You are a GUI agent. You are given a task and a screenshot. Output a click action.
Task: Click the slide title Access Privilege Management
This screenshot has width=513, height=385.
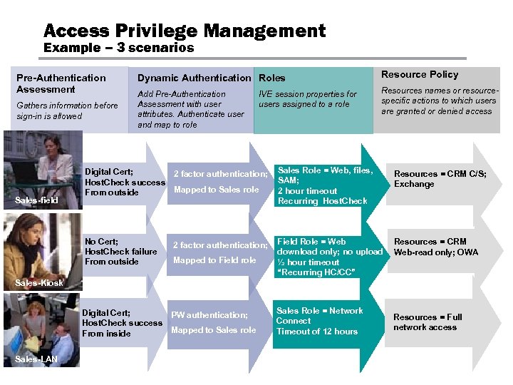pos(185,31)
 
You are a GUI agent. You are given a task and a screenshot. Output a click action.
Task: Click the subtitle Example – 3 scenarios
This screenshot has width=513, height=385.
pos(118,48)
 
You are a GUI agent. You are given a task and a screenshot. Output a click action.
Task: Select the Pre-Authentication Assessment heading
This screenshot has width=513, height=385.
pos(61,83)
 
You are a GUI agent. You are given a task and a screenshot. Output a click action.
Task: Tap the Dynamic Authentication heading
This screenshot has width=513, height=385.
pos(194,78)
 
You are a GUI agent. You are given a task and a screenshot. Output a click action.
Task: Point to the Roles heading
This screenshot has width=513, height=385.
pos(271,78)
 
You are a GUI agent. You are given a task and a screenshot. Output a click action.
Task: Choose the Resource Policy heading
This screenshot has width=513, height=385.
pos(420,74)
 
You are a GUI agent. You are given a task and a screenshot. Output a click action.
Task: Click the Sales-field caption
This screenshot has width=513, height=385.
pos(36,200)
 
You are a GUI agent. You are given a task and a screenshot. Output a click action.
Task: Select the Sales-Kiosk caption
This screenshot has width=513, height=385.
pos(39,282)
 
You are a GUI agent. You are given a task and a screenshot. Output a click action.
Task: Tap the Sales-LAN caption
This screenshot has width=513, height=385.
pos(36,359)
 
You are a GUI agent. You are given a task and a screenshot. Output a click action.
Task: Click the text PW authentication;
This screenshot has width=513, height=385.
pos(209,314)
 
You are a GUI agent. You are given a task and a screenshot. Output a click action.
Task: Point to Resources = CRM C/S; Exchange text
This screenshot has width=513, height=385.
pos(440,178)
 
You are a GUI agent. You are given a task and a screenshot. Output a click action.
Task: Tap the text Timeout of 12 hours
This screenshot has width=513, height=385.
pos(317,332)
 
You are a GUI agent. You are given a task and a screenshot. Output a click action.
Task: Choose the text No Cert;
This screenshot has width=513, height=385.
pos(102,242)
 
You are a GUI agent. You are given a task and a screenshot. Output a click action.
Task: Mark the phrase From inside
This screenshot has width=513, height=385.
pos(106,333)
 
